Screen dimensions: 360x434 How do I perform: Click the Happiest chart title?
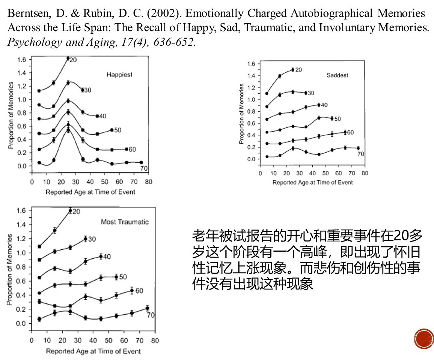click(x=119, y=75)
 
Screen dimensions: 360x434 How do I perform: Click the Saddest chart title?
click(x=337, y=75)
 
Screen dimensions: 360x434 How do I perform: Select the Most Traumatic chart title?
click(x=125, y=222)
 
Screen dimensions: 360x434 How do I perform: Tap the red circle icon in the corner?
click(x=424, y=339)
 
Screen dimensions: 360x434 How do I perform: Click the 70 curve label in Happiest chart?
click(x=143, y=168)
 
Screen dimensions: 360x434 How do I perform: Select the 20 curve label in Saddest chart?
click(x=298, y=70)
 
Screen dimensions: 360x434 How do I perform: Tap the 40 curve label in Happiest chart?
click(x=102, y=116)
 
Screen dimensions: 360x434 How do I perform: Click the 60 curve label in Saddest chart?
click(x=350, y=132)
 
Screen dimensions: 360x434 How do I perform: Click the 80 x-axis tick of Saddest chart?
click(x=365, y=173)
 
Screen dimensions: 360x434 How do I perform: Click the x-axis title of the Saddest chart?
click(x=312, y=182)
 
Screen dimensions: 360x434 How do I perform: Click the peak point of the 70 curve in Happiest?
click(x=68, y=130)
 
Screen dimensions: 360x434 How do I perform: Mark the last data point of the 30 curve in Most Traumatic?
click(x=85, y=238)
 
